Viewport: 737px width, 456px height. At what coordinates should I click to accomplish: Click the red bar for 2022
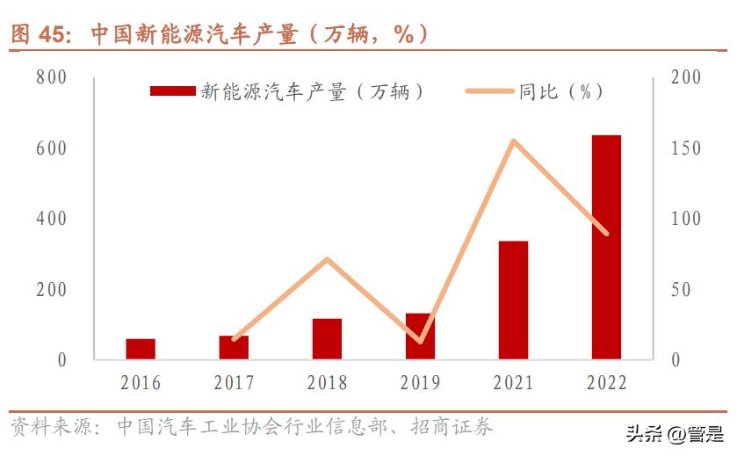(x=606, y=247)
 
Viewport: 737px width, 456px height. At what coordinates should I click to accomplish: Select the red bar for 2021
(x=513, y=300)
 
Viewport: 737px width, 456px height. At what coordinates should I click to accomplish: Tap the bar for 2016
(x=141, y=349)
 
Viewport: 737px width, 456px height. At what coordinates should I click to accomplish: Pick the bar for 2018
(x=327, y=338)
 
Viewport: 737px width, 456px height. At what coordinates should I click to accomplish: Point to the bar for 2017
(x=234, y=347)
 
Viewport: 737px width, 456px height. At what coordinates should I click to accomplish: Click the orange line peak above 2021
(x=513, y=141)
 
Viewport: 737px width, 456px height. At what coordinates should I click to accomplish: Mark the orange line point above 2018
(x=327, y=259)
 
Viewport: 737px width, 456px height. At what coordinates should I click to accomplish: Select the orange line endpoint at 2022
(x=606, y=234)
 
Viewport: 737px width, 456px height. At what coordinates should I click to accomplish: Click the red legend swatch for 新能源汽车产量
(x=172, y=91)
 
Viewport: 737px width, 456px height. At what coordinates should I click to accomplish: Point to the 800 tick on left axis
(x=51, y=77)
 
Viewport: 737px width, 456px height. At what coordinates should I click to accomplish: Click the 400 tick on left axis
(x=51, y=219)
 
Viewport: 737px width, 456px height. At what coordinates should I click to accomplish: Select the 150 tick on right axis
(x=685, y=148)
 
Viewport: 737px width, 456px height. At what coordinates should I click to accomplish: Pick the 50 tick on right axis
(x=682, y=289)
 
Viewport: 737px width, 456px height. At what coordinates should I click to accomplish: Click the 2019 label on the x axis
(x=420, y=383)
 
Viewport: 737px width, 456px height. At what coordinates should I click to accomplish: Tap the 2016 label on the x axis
(x=141, y=383)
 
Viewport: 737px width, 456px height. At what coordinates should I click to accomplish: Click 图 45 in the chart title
(x=39, y=34)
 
